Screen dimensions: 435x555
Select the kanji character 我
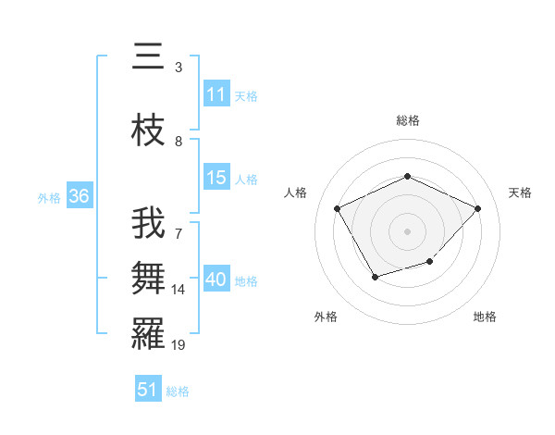pyautogui.click(x=148, y=225)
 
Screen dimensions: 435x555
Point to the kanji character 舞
pyautogui.click(x=148, y=278)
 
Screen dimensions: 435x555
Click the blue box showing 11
pyautogui.click(x=216, y=94)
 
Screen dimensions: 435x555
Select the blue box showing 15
pyautogui.click(x=216, y=178)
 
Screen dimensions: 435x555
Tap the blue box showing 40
pyautogui.click(x=216, y=280)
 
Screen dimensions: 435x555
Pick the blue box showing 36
pyautogui.click(x=79, y=196)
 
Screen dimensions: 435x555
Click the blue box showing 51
pyautogui.click(x=148, y=390)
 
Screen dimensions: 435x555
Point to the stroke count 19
pyautogui.click(x=179, y=345)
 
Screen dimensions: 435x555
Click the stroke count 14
pyautogui.click(x=179, y=290)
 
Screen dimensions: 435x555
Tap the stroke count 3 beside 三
pyautogui.click(x=179, y=67)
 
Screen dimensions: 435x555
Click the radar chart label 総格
pyautogui.click(x=408, y=120)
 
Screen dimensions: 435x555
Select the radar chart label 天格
pyautogui.click(x=520, y=193)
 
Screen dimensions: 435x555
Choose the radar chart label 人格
pyautogui.click(x=296, y=193)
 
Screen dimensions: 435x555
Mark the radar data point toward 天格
pyautogui.click(x=477, y=208)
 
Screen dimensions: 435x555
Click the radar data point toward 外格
pyautogui.click(x=375, y=277)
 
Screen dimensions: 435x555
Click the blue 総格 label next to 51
pyautogui.click(x=178, y=391)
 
